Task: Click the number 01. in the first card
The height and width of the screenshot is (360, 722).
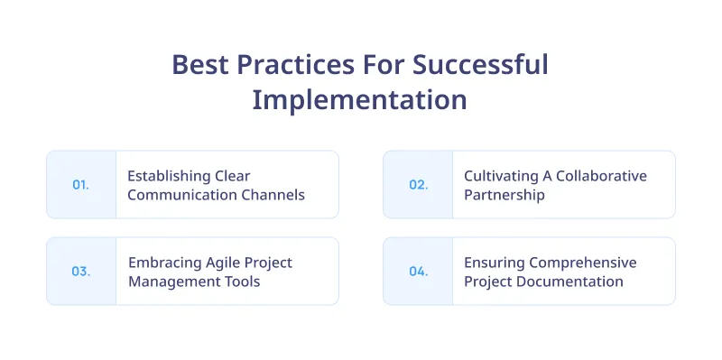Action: point(80,185)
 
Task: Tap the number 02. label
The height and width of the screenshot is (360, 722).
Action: point(418,185)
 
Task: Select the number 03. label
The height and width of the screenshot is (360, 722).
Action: point(81,272)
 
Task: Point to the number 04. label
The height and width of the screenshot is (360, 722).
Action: point(418,272)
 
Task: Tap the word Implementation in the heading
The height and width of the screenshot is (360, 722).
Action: point(359,99)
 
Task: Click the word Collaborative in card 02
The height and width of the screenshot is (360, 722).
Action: point(601,176)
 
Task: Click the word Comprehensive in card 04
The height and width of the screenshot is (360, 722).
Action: point(583,263)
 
